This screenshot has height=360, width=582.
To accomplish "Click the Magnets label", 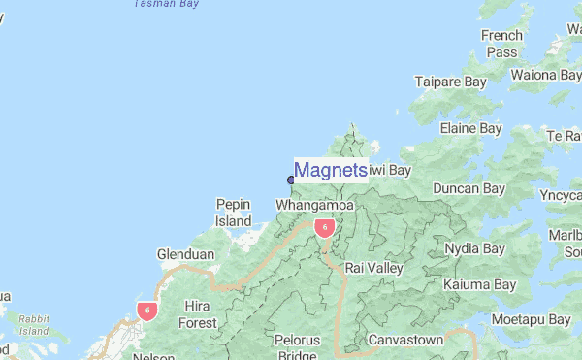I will pos(330,171).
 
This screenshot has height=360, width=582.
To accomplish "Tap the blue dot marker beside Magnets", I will pos(290,179).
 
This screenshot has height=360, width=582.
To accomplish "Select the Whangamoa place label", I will pos(314,207).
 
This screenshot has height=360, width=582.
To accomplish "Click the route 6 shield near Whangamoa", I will pos(325,228).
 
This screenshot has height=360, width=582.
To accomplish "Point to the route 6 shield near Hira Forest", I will pos(146,311).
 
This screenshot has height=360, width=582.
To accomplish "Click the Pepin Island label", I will pos(233,213).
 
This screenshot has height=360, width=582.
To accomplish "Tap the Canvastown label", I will pos(405,341).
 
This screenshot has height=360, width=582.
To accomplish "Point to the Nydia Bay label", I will pos(474,249).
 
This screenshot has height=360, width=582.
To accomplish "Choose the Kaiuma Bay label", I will pos(479,285).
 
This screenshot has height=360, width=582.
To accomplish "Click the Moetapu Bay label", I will pos(531,319).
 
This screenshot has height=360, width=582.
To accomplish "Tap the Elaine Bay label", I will pos(470,128).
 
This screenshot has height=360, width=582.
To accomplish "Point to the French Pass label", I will pos(501,44).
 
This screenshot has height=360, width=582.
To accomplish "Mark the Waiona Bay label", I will pos(547,75).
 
